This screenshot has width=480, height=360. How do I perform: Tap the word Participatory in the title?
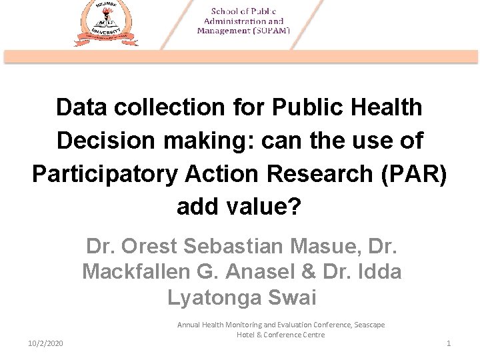103,174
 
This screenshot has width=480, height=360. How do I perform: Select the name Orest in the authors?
153,247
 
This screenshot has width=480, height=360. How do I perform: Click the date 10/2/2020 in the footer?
45,343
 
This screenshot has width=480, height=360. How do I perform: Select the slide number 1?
449,343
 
